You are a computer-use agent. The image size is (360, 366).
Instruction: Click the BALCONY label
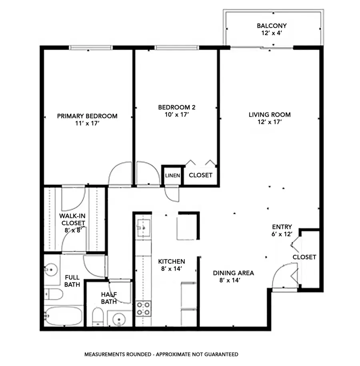tap(272, 26)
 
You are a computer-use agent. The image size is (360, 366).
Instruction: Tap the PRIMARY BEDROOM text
tap(87, 116)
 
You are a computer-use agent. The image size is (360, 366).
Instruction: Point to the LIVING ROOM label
tap(270, 115)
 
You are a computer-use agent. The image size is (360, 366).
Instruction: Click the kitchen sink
tap(143, 226)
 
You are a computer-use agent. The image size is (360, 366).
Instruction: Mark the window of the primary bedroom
tap(90, 48)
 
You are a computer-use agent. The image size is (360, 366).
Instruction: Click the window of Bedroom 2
tap(177, 48)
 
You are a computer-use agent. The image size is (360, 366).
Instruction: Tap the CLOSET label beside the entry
tap(304, 257)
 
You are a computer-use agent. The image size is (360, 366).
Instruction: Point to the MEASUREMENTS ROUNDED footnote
tap(161, 354)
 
